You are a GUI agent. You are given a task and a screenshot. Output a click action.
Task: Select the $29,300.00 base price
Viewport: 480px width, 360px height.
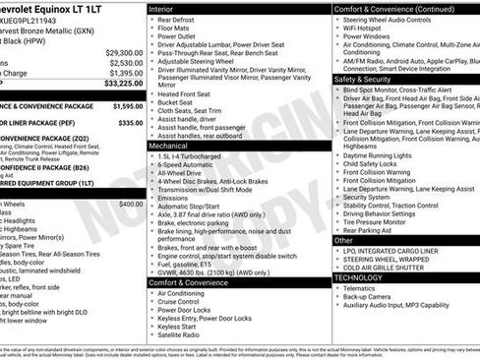pos(124,52)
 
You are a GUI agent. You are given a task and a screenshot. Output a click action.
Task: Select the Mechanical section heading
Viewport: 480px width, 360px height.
pos(168,145)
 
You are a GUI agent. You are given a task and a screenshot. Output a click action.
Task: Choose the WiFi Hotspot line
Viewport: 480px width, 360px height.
pos(369,30)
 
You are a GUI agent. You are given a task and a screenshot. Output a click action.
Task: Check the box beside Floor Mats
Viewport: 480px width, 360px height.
pos(150,30)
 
